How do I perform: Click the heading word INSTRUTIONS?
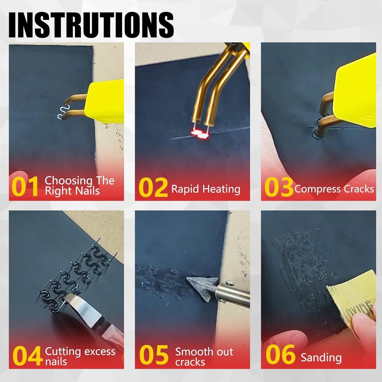click(91, 25)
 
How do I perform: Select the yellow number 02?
click(153, 188)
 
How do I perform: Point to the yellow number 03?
click(279, 187)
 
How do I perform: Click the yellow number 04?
click(27, 356)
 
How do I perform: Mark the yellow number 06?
click(280, 354)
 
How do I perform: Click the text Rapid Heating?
click(206, 189)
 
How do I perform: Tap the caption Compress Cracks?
click(334, 189)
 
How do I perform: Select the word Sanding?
click(321, 357)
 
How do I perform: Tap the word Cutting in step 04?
click(63, 351)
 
